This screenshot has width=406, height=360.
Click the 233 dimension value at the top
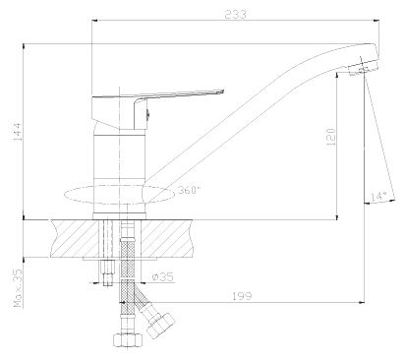click(235, 15)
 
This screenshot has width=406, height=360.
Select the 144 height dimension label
click(17, 132)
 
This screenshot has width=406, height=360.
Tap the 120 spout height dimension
click(331, 137)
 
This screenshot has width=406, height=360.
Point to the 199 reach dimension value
click(242, 296)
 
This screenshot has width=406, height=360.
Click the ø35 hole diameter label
click(163, 277)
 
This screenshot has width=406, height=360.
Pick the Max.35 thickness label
click(18, 288)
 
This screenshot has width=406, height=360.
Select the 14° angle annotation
click(378, 197)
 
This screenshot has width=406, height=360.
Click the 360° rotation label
click(189, 190)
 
